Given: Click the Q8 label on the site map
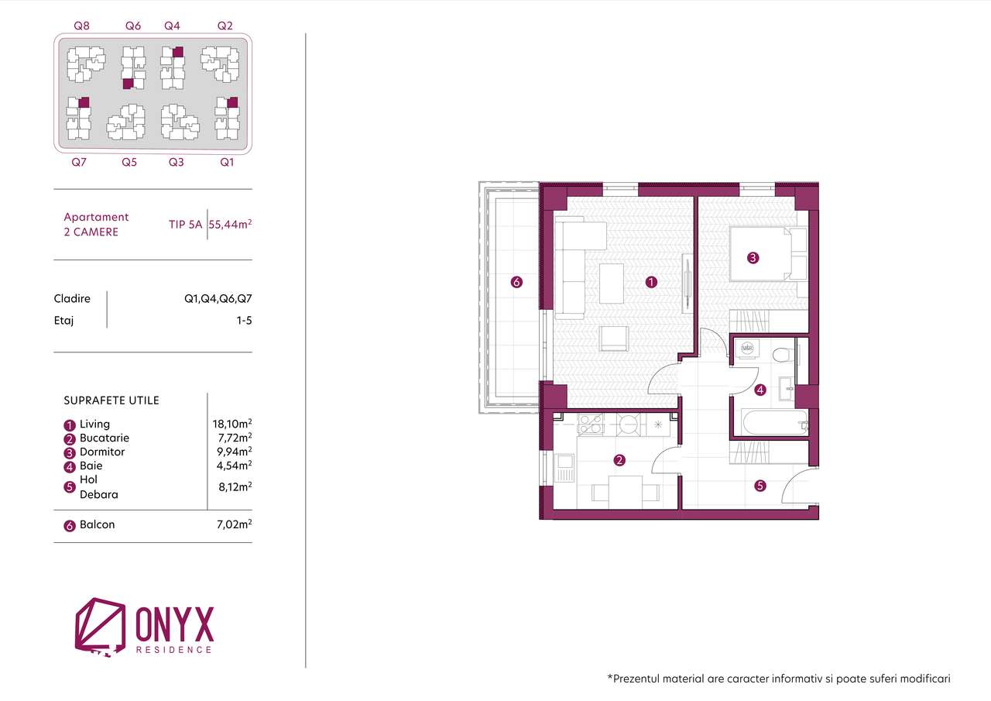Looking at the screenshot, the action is coord(81,26).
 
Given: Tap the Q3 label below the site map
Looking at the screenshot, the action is coord(176,162).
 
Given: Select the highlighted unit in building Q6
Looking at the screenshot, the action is coord(128,84).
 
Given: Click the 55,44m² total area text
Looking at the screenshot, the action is coord(230,224).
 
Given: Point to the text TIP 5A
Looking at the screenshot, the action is coord(185,225).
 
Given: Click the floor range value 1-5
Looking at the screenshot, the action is coord(244,321).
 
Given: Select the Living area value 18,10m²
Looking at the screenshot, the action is coord(232,424).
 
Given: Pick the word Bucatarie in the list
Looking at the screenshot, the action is coord(105,438).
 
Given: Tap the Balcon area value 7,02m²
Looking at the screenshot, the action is coord(235,524).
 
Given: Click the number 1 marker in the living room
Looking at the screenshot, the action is coord(651,282).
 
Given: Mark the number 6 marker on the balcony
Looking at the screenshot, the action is coord(516,282).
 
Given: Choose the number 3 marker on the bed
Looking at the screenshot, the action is coord(753,258).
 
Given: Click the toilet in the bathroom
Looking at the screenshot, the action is coord(784,355).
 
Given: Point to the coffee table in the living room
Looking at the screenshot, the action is coord(612,283).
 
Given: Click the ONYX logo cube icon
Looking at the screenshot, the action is coord(100,626).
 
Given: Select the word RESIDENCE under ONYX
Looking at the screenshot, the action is coord(174,650).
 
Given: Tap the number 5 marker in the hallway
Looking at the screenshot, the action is coord(760,486).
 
